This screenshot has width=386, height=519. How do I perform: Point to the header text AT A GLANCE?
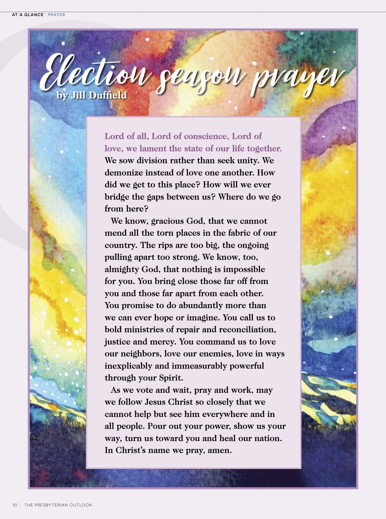(x=28, y=15)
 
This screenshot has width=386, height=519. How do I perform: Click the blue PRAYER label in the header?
(x=56, y=15)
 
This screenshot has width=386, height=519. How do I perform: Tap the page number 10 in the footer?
(x=15, y=505)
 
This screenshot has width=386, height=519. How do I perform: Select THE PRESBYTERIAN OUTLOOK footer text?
(x=58, y=505)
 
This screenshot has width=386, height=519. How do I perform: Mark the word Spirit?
(x=171, y=378)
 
